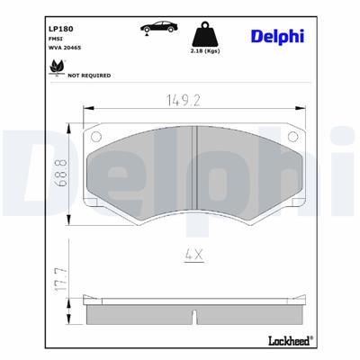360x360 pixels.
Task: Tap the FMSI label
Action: coord(56,39)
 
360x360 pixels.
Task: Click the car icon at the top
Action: coord(157,28)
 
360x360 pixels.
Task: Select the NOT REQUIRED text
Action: coord(89,76)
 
